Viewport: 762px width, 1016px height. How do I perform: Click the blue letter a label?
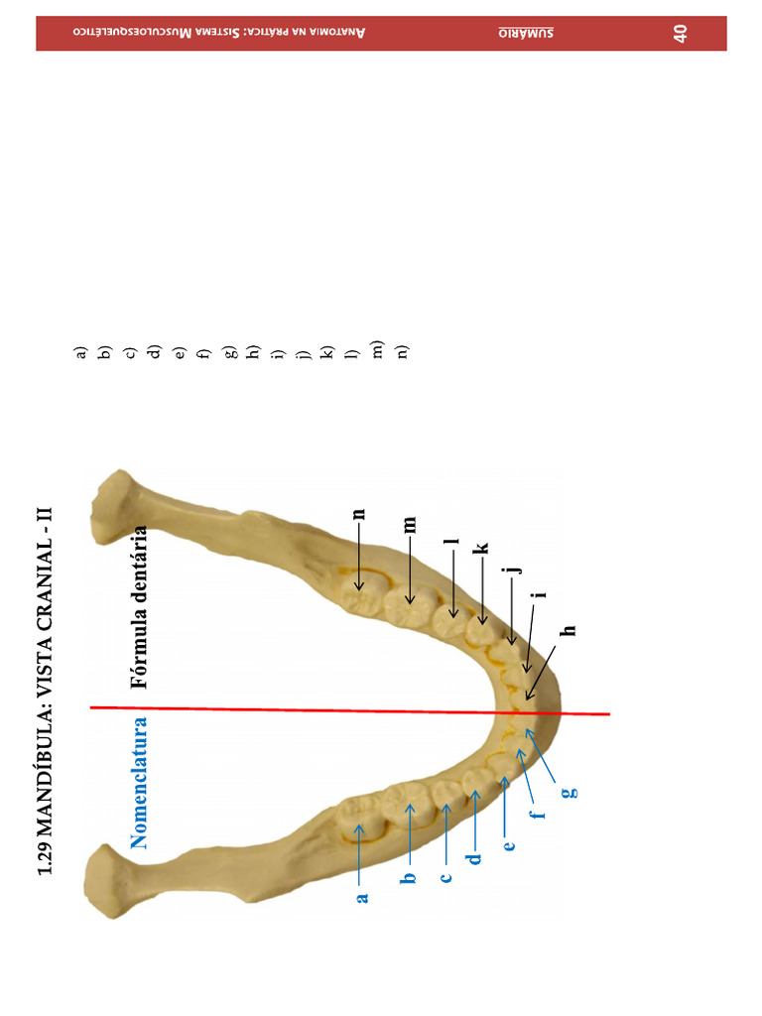click(x=362, y=896)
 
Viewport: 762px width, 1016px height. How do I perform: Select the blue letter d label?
click(x=475, y=856)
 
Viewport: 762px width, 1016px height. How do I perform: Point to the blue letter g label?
click(x=568, y=791)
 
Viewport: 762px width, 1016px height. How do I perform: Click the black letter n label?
click(x=360, y=513)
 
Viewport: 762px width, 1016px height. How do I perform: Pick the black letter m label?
click(x=409, y=524)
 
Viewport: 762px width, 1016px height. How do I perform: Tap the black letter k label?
click(x=481, y=548)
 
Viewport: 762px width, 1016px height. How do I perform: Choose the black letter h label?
click(x=569, y=630)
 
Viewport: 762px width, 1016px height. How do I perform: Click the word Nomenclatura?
click(x=141, y=783)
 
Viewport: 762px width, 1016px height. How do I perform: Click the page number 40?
click(x=681, y=34)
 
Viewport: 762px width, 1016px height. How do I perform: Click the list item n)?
click(x=403, y=351)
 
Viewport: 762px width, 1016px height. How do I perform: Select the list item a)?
click(x=80, y=351)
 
